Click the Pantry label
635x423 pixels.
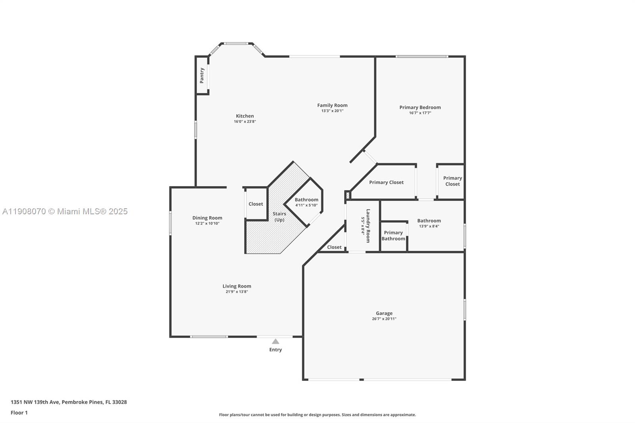pyautogui.click(x=202, y=75)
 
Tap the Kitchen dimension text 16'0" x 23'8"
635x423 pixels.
pyautogui.click(x=245, y=121)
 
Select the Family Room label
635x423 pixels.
pyautogui.click(x=332, y=105)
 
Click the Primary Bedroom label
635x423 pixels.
pyautogui.click(x=420, y=107)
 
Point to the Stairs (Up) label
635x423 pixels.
pyautogui.click(x=279, y=217)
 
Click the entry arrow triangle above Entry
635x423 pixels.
pyautogui.click(x=275, y=341)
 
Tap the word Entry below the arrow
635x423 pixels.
pyautogui.click(x=275, y=350)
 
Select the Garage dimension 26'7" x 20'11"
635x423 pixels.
pyautogui.click(x=384, y=319)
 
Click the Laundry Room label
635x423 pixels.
pyautogui.click(x=368, y=226)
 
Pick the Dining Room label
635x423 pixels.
pyautogui.click(x=207, y=217)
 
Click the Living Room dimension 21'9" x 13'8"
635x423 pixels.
pyautogui.click(x=237, y=292)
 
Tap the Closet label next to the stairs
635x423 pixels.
pyautogui.click(x=256, y=204)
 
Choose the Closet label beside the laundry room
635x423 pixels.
pyautogui.click(x=334, y=247)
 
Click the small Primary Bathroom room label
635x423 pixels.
pyautogui.click(x=393, y=236)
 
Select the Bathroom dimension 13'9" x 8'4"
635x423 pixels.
pyautogui.click(x=429, y=226)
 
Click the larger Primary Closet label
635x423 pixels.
pyautogui.click(x=386, y=182)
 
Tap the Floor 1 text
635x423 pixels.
pyautogui.click(x=19, y=413)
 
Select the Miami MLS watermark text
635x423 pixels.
pyautogui.click(x=65, y=211)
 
